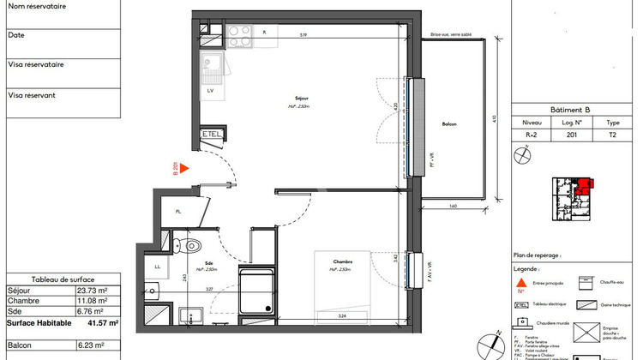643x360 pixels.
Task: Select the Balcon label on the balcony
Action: click(449, 125)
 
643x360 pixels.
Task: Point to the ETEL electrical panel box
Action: click(211, 135)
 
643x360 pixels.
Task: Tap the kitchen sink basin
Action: click(211, 63)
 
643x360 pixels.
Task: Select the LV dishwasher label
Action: click(210, 89)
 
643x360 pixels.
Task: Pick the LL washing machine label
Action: click(158, 267)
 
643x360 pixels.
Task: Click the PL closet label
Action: click(178, 212)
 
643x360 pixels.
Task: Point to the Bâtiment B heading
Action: click(575, 110)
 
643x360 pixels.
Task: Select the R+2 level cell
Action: click(532, 135)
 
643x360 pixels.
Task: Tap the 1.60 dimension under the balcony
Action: click(451, 205)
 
